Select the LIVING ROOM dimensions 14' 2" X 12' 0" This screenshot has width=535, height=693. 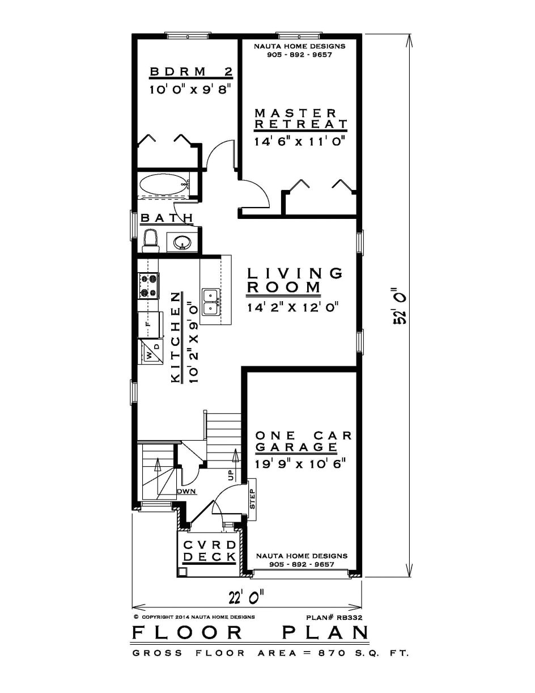click(x=292, y=308)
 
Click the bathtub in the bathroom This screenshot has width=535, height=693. click(x=163, y=184)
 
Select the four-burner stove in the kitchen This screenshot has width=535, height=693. click(x=149, y=285)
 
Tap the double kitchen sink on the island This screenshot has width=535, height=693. click(x=211, y=302)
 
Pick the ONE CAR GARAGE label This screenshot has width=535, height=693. click(x=303, y=441)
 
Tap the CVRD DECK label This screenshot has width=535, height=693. click(x=209, y=551)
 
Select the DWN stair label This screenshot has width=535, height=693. click(x=186, y=491)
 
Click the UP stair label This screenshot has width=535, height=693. click(x=231, y=475)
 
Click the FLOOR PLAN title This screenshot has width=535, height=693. click(x=250, y=633)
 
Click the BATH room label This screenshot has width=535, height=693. click(x=167, y=218)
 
